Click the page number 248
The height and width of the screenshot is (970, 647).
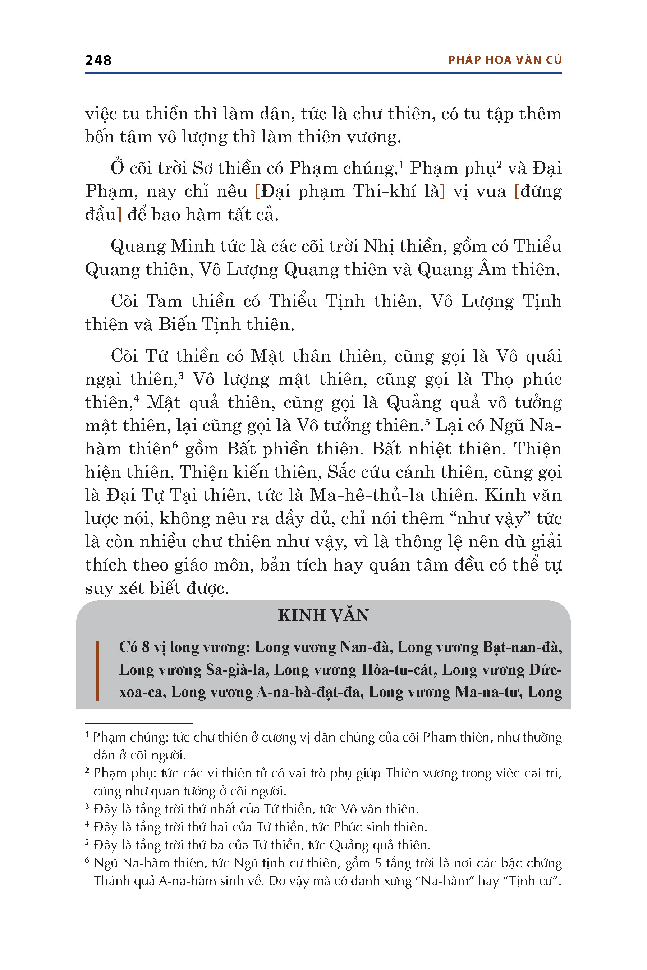(x=98, y=61)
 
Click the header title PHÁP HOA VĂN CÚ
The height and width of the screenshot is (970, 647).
(x=505, y=60)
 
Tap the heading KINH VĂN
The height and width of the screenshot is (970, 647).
(x=323, y=615)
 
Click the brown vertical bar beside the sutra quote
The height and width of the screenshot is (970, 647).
(x=97, y=670)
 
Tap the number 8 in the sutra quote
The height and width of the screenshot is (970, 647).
(x=146, y=647)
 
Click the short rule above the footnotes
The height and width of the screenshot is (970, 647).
(x=139, y=724)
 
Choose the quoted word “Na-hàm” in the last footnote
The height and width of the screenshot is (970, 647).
(x=446, y=881)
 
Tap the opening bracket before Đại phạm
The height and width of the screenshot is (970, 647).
(x=258, y=192)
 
